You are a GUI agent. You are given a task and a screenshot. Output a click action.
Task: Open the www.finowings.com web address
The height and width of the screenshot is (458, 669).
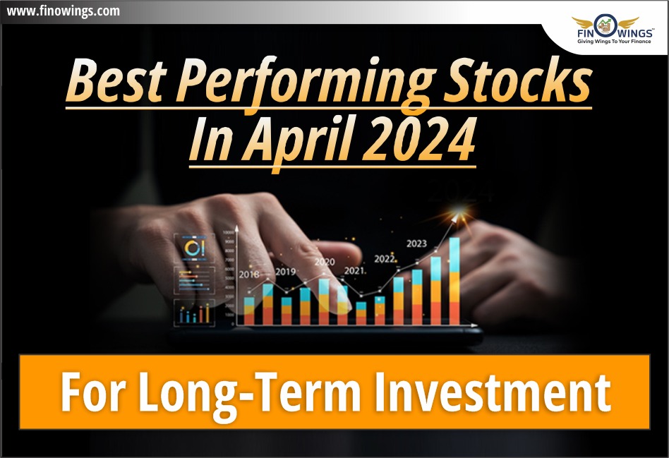[x=62, y=11]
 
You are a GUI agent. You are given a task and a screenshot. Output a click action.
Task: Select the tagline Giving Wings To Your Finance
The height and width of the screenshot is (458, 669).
[x=605, y=42]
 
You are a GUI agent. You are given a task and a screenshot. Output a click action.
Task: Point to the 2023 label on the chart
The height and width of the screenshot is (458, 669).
[x=416, y=243]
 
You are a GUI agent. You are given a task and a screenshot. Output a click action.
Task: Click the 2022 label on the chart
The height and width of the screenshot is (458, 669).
[x=384, y=258]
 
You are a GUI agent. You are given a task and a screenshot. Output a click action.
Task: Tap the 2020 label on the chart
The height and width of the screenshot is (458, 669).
[x=324, y=262]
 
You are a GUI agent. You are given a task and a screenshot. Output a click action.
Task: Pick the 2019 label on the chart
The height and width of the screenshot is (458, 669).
[x=285, y=271]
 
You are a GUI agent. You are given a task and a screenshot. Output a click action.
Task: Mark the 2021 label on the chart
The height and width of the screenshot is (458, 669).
[x=354, y=270]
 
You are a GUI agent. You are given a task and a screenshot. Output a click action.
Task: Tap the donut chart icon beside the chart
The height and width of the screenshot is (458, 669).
[x=193, y=248]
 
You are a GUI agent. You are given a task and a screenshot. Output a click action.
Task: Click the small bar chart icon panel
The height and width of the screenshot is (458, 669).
[x=193, y=312]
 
